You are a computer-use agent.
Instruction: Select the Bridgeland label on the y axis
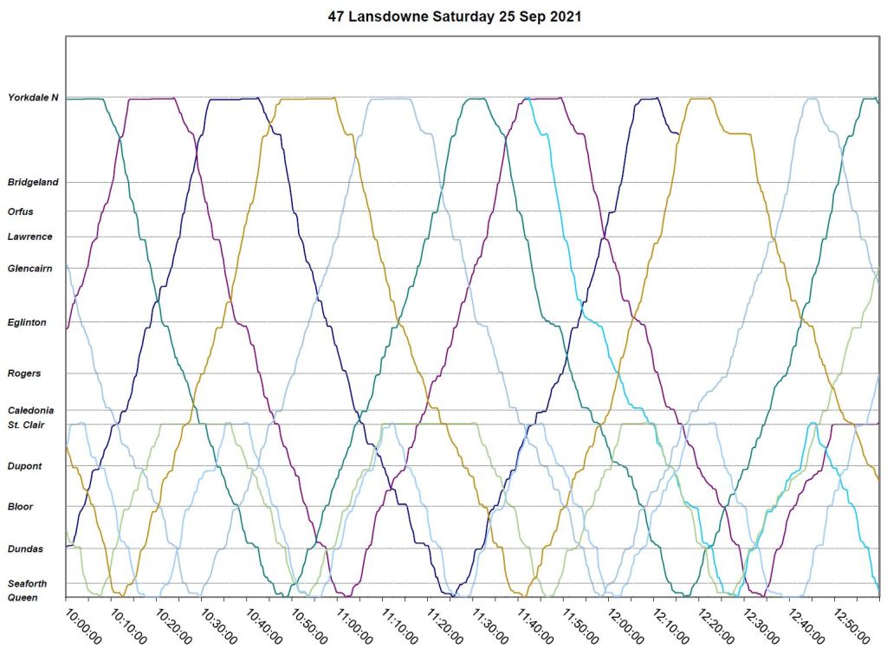point(33,183)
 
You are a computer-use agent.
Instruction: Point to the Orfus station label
point(21,211)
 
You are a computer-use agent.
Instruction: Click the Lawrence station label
point(29,237)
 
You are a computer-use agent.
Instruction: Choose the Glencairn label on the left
point(30,269)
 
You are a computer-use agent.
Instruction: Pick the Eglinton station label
point(27,322)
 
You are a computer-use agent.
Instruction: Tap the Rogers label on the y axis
point(23,373)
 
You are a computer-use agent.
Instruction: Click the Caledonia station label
point(31,410)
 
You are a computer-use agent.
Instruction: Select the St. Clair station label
point(27,425)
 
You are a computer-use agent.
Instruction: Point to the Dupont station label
point(24,466)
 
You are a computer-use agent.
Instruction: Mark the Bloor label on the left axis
point(21,506)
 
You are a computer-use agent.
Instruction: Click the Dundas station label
point(24,548)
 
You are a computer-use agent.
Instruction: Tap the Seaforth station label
point(27,583)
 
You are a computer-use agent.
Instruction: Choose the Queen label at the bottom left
point(22,597)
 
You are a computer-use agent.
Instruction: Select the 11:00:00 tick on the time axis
point(353,624)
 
